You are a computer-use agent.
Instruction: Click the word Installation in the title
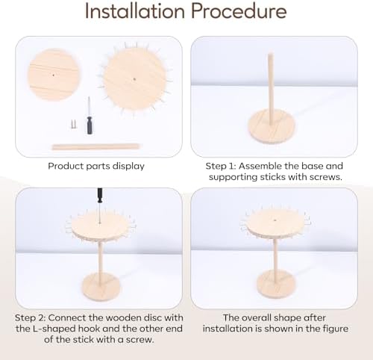point(135,11)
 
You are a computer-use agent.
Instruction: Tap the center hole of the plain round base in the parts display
point(53,75)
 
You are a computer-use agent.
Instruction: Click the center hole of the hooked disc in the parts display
point(134,79)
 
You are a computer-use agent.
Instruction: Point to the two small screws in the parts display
point(74,124)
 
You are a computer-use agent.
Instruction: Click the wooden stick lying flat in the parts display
point(95,147)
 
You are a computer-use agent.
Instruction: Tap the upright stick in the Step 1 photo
point(271,89)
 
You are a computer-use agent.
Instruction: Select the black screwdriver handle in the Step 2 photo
point(100,196)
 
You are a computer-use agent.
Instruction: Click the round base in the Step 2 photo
point(101,286)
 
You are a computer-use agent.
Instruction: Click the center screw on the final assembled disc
point(275,220)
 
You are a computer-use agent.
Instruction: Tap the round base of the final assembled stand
point(277,284)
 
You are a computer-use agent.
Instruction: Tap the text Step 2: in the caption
point(31,318)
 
